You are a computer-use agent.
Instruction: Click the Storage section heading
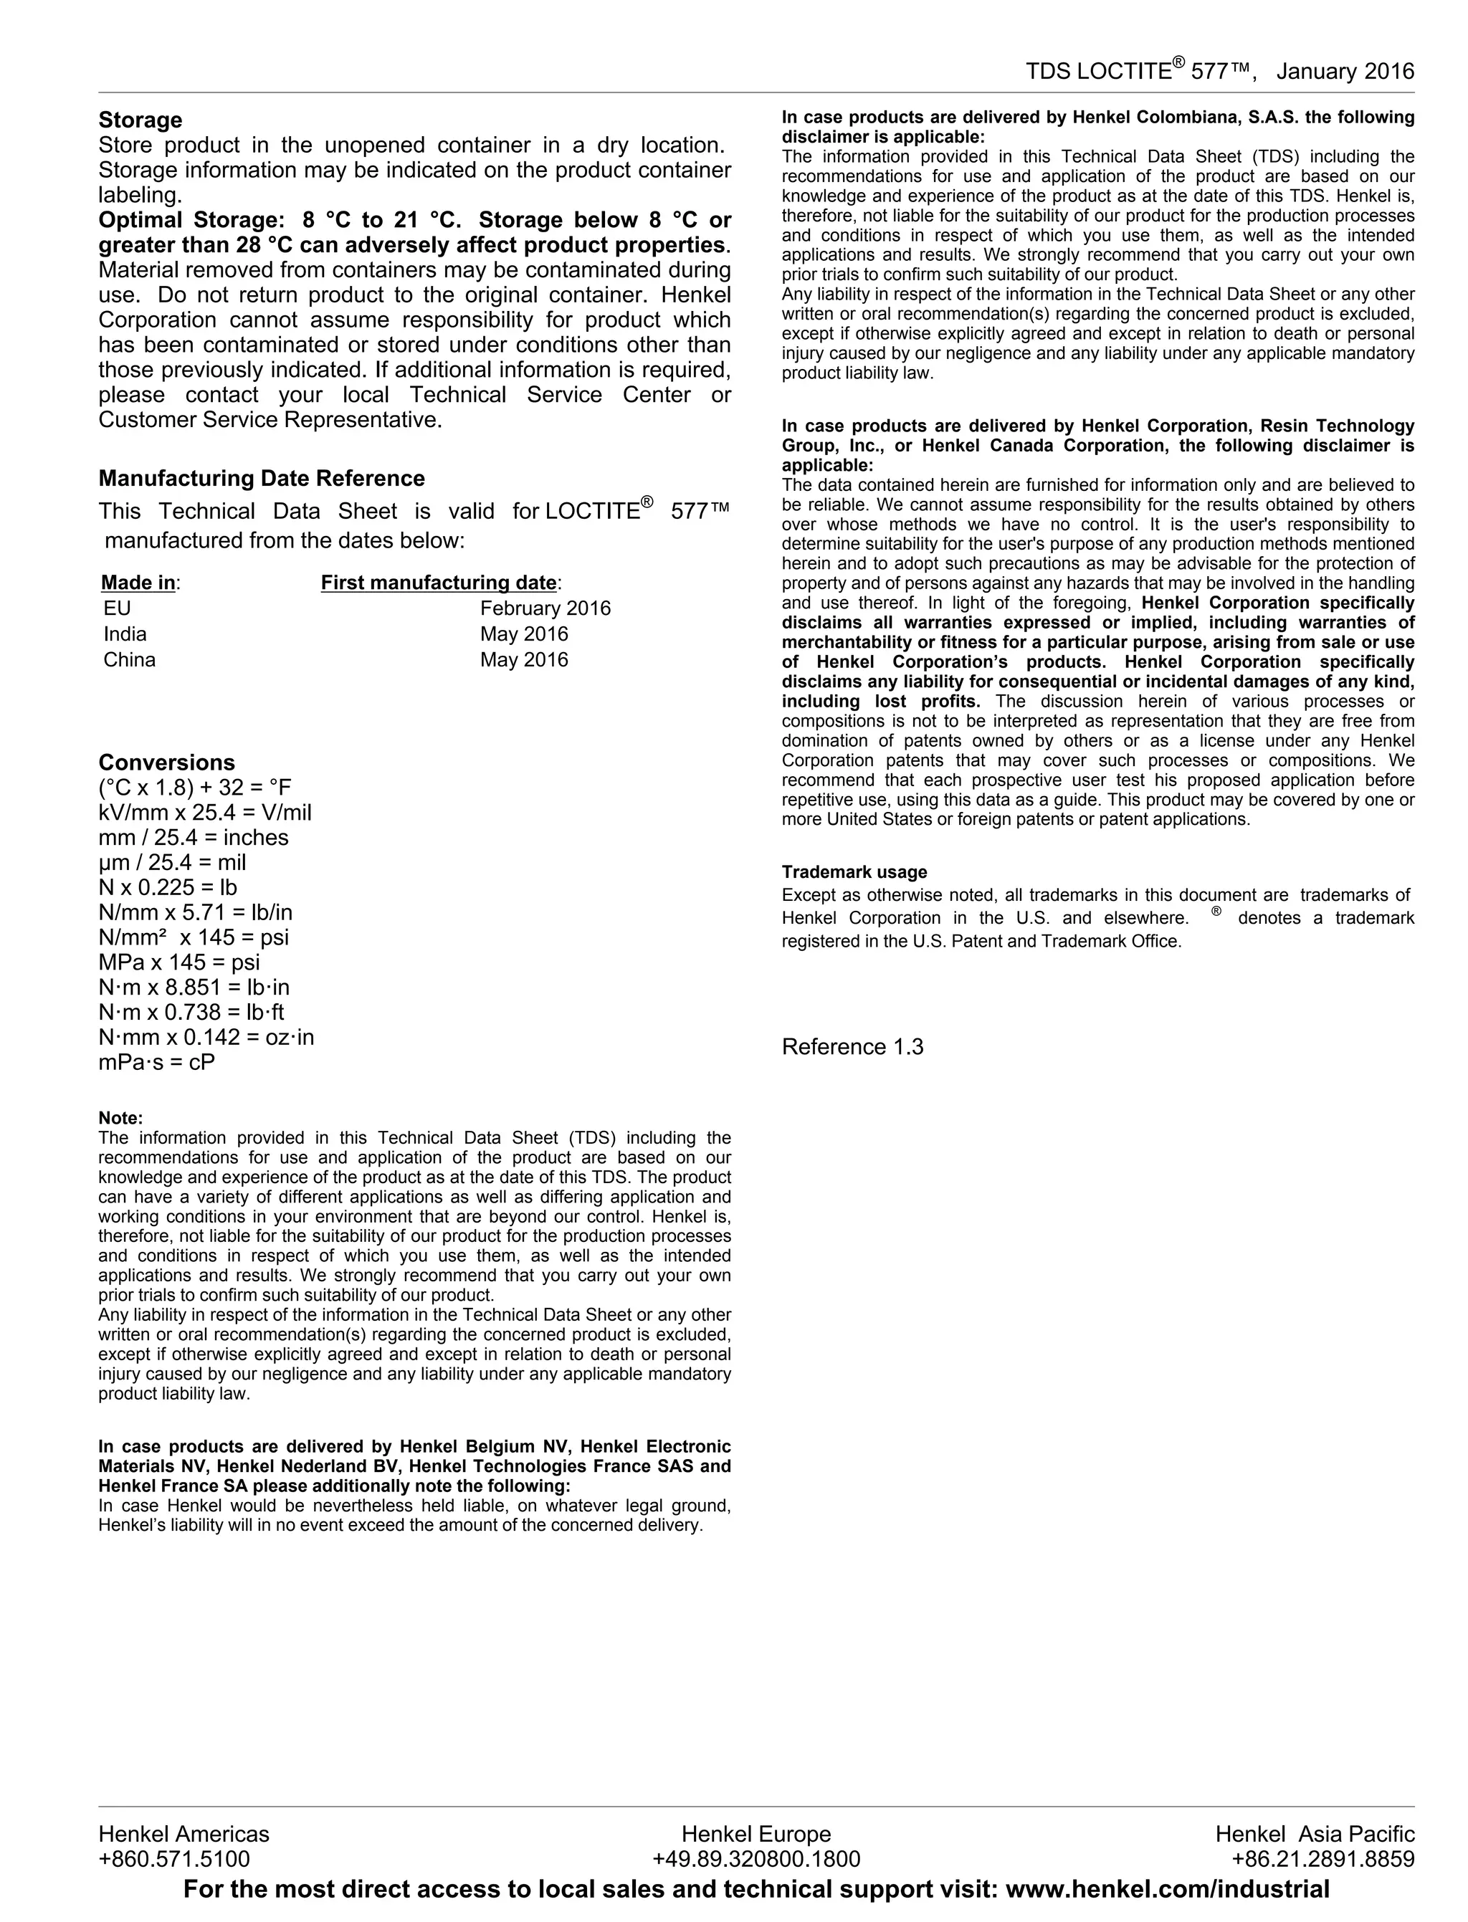click(x=140, y=120)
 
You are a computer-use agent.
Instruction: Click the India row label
click(x=125, y=634)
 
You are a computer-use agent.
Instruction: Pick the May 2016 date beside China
click(x=523, y=659)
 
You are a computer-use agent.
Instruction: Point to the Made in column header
click(x=140, y=583)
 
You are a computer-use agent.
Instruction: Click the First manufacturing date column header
click(x=440, y=583)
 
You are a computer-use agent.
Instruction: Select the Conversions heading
click(x=166, y=762)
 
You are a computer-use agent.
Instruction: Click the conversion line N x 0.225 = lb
click(x=168, y=888)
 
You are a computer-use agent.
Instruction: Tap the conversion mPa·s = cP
click(x=156, y=1062)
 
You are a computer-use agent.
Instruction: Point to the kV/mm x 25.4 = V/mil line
click(x=204, y=813)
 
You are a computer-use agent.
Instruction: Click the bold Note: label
click(x=120, y=1118)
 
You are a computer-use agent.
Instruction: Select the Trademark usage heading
click(x=854, y=872)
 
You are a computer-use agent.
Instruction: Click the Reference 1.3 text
click(x=852, y=1046)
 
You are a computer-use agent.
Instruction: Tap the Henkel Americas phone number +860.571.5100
click(x=174, y=1858)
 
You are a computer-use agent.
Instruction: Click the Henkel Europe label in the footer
click(x=756, y=1834)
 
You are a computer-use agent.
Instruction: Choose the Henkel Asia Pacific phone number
click(x=1322, y=1858)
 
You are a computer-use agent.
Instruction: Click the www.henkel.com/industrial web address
click(x=1168, y=1890)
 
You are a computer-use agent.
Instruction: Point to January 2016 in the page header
click(x=1345, y=72)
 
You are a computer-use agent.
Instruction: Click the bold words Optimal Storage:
click(x=191, y=220)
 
